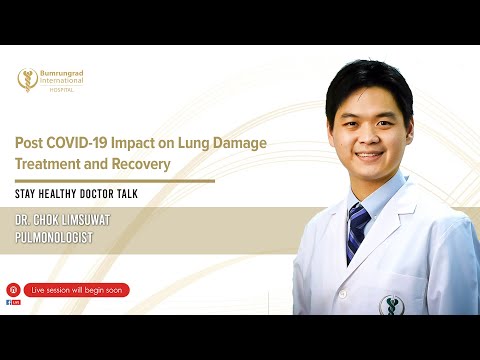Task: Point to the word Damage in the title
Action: (243, 143)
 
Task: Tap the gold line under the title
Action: (115, 181)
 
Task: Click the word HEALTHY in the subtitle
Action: (63, 193)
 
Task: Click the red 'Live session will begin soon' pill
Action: (77, 290)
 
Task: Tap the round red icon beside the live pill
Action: (13, 290)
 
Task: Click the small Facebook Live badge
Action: (13, 302)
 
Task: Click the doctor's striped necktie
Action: (357, 229)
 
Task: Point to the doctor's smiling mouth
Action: (368, 156)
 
